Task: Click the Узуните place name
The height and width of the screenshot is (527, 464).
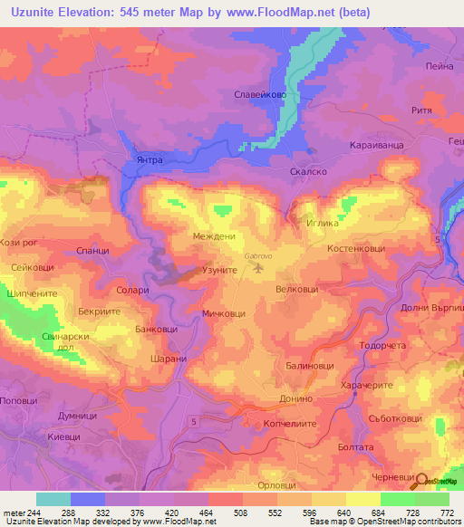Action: click(218, 271)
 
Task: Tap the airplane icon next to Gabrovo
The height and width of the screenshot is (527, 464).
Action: click(262, 267)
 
